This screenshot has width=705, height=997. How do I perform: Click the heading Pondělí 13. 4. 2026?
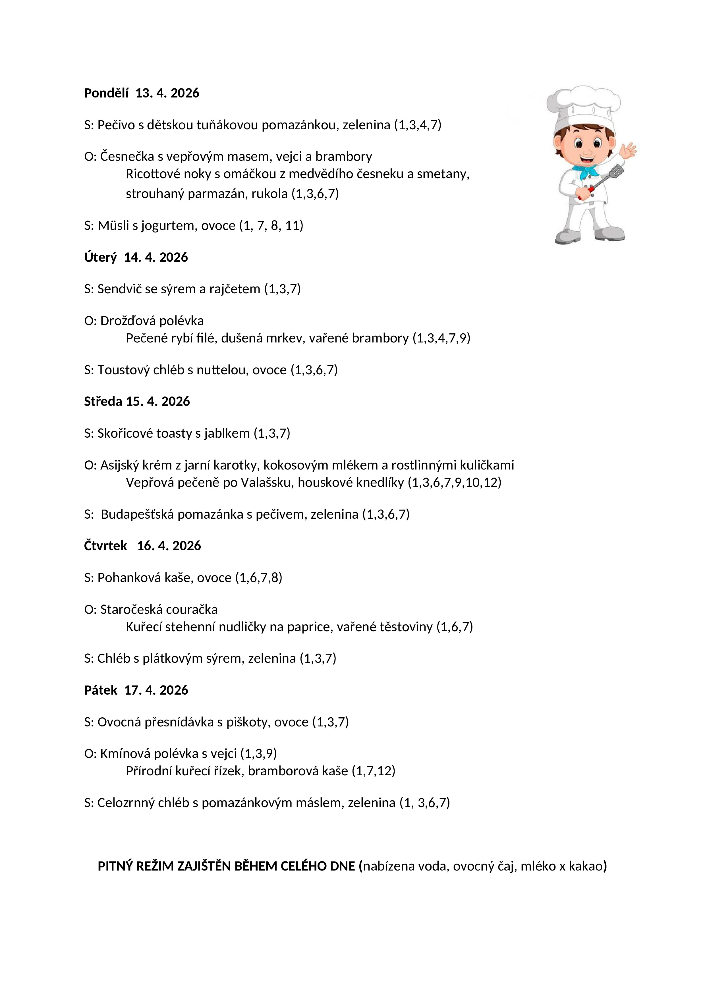click(142, 93)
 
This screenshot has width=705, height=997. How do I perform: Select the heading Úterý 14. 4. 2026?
click(136, 257)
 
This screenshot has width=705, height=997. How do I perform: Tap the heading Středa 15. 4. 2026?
click(137, 401)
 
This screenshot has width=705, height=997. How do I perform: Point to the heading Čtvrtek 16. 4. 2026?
click(142, 546)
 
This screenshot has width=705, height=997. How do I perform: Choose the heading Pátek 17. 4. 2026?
click(136, 690)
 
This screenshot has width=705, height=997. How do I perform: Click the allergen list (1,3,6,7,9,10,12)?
click(454, 482)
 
